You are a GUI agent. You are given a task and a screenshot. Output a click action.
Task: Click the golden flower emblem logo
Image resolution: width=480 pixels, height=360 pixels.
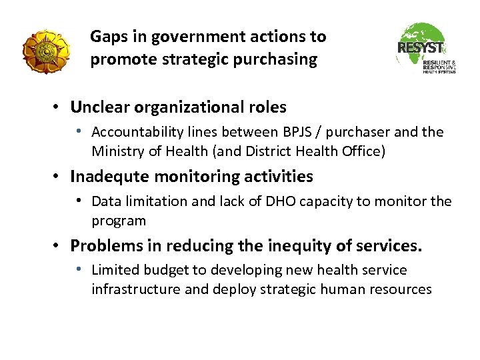[45, 51]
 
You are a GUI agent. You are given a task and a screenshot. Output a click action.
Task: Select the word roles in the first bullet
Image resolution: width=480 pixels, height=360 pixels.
[267, 107]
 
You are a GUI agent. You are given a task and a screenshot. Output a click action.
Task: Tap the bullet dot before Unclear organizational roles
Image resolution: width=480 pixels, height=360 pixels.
[59, 107]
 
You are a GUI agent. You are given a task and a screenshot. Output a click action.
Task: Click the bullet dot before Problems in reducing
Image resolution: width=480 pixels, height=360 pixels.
[59, 246]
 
